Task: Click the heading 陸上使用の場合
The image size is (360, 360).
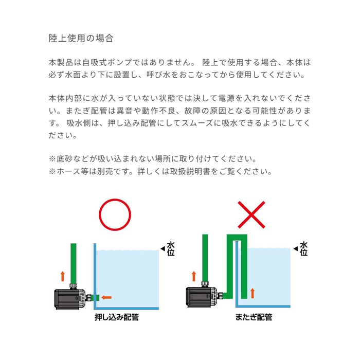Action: pos(81,39)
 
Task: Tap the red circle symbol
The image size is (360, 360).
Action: pos(115,216)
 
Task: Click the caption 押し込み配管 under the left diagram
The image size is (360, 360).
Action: pos(117,317)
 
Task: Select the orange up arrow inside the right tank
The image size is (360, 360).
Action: pos(252,294)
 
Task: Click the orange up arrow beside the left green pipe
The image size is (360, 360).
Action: pos(63,276)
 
